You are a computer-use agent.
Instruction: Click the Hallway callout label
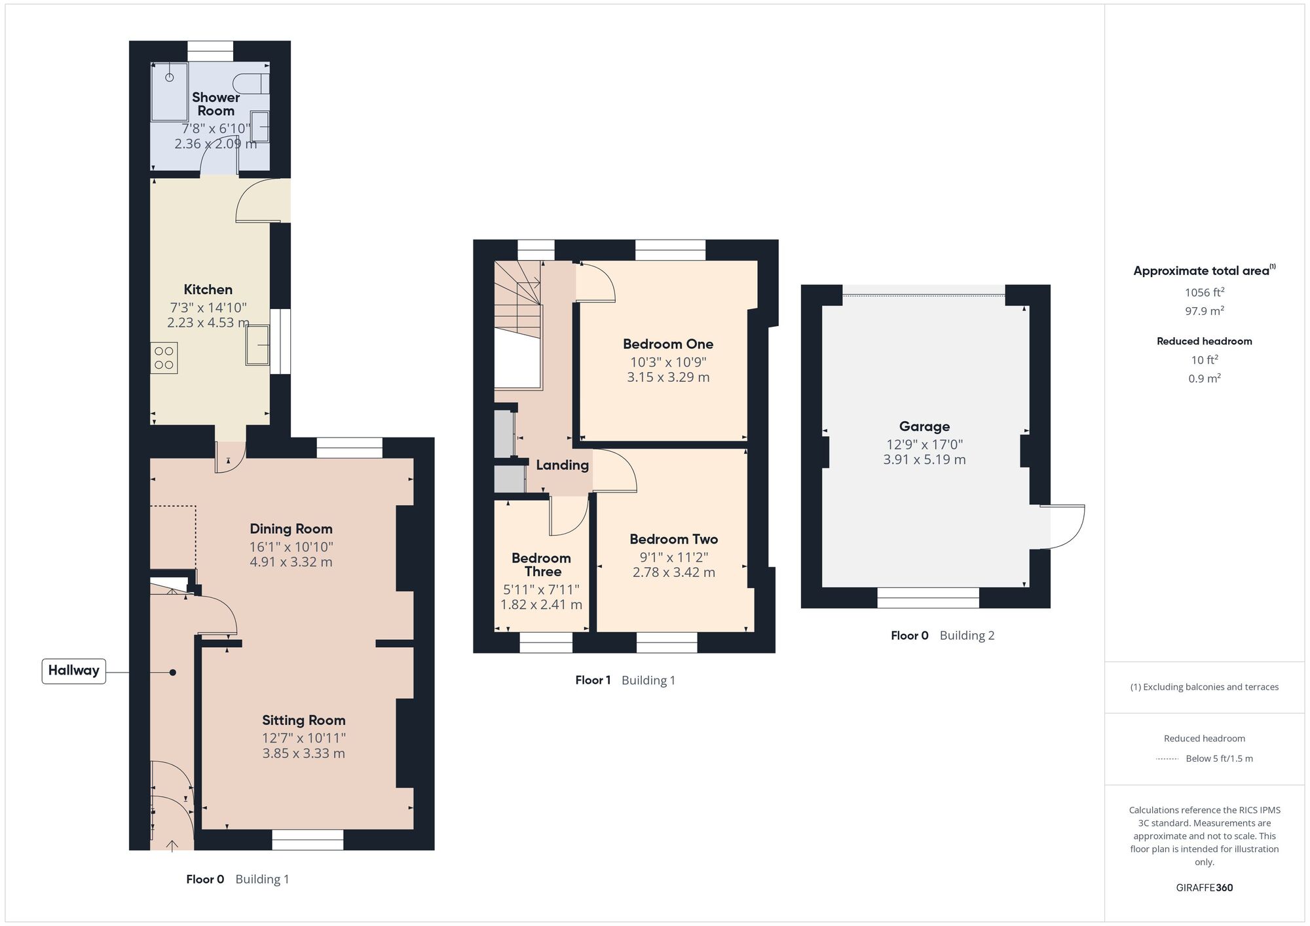point(73,671)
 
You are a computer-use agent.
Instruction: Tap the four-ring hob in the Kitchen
point(164,358)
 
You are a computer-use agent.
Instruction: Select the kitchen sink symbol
point(257,345)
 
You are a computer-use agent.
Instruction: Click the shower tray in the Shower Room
point(169,92)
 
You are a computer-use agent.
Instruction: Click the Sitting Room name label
point(303,720)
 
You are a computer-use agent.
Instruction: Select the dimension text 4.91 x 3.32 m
point(291,562)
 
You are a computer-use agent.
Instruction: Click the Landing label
point(562,465)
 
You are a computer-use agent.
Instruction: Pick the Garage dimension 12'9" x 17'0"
point(924,444)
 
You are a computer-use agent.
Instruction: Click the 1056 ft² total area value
point(1204,292)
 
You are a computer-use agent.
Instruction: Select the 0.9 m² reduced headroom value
point(1204,379)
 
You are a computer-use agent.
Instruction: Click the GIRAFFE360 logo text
point(1204,888)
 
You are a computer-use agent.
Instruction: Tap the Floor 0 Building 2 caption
point(942,635)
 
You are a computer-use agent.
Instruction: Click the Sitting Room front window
point(307,840)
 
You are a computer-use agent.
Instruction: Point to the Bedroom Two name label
point(673,539)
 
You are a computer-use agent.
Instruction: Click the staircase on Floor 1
point(517,301)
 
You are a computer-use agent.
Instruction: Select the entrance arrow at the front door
point(172,845)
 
